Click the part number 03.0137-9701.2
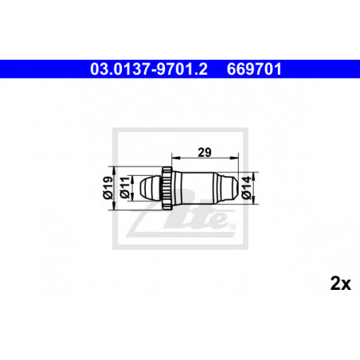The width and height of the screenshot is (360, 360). [x=149, y=69]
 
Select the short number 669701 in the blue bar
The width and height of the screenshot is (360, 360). [x=254, y=69]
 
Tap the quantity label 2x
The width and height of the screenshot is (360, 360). [x=341, y=284]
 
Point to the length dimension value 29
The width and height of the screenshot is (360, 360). [x=205, y=152]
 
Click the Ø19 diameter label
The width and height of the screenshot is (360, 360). [x=108, y=188]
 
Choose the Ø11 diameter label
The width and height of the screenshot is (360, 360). [x=125, y=187]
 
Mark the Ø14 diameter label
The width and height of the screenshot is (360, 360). [x=246, y=188]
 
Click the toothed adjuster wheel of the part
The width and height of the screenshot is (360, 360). [x=167, y=188]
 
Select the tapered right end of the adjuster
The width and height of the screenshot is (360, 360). [x=226, y=188]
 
